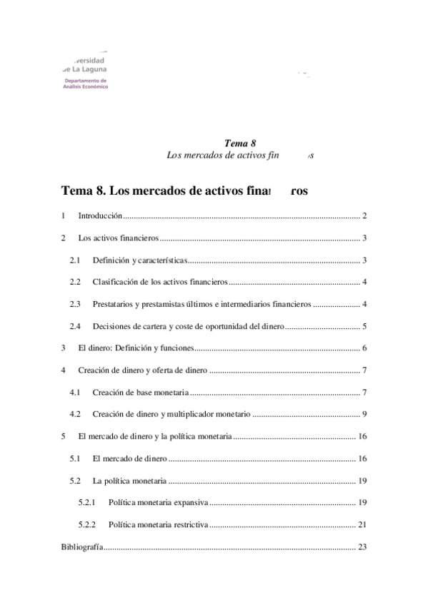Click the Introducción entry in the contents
[100, 215]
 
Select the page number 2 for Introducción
[364, 215]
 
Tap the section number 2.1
[75, 260]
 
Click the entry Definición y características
[137, 260]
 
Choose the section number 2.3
[75, 305]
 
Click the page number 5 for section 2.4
[364, 327]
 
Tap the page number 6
[364, 349]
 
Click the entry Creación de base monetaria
[140, 393]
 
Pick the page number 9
[364, 415]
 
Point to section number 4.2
[75, 415]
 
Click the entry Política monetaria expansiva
[158, 503]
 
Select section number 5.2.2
[87, 526]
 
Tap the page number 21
[362, 526]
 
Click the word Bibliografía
[81, 548]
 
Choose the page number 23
[362, 548]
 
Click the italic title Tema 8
[235, 143]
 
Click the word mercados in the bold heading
[161, 191]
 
